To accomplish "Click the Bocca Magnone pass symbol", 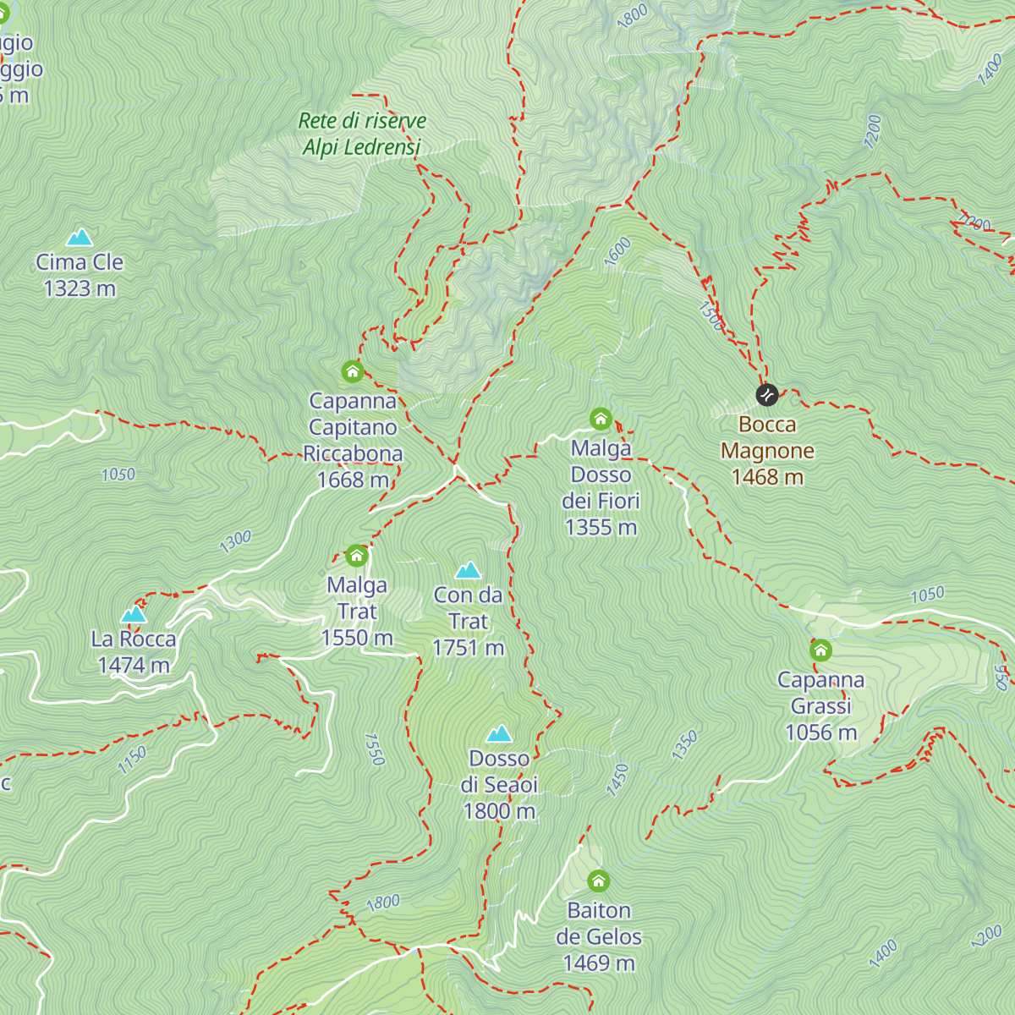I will point(766,394).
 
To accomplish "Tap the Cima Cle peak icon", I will point(80,237).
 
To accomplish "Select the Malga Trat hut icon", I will point(357,556).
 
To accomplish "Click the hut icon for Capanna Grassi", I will point(820,650).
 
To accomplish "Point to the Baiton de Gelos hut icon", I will point(598,881).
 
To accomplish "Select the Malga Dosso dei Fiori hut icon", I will point(601,419).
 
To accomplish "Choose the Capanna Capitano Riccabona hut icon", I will point(353,371).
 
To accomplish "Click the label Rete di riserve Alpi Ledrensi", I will point(362,134).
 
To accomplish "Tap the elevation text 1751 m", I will point(468,648).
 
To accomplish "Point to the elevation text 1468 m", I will point(767,477).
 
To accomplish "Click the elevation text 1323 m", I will point(80,288).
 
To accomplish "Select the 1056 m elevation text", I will point(820,732).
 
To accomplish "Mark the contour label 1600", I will point(617,251).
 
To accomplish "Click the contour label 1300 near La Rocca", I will point(235,540).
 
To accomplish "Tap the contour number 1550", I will point(374,749).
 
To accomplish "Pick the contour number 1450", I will point(617,779).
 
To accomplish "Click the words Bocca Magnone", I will point(767,437).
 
